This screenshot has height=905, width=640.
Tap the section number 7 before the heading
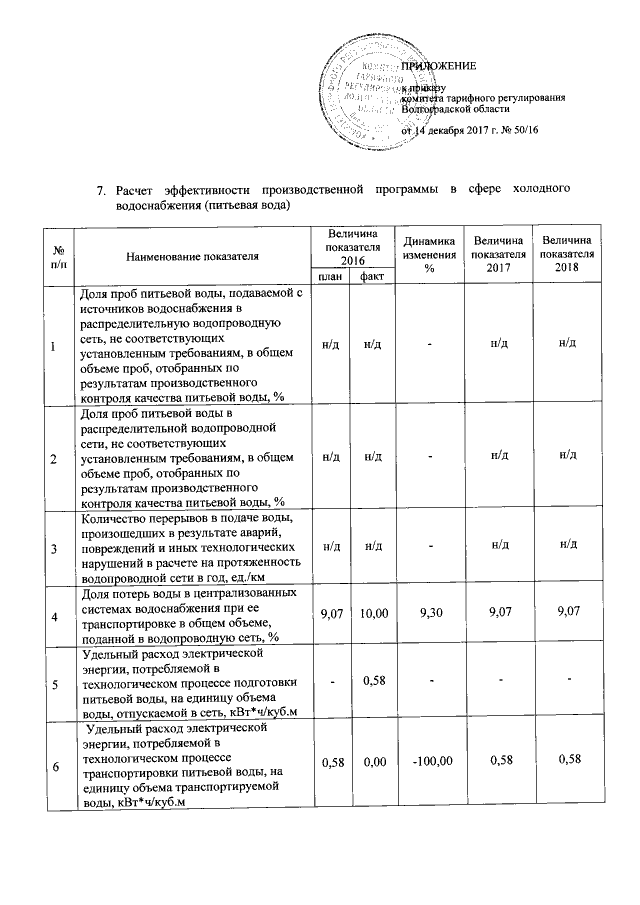pos(100,189)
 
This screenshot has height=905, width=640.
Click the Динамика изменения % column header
pos(430,256)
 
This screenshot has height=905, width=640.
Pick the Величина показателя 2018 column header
pos(567,255)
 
